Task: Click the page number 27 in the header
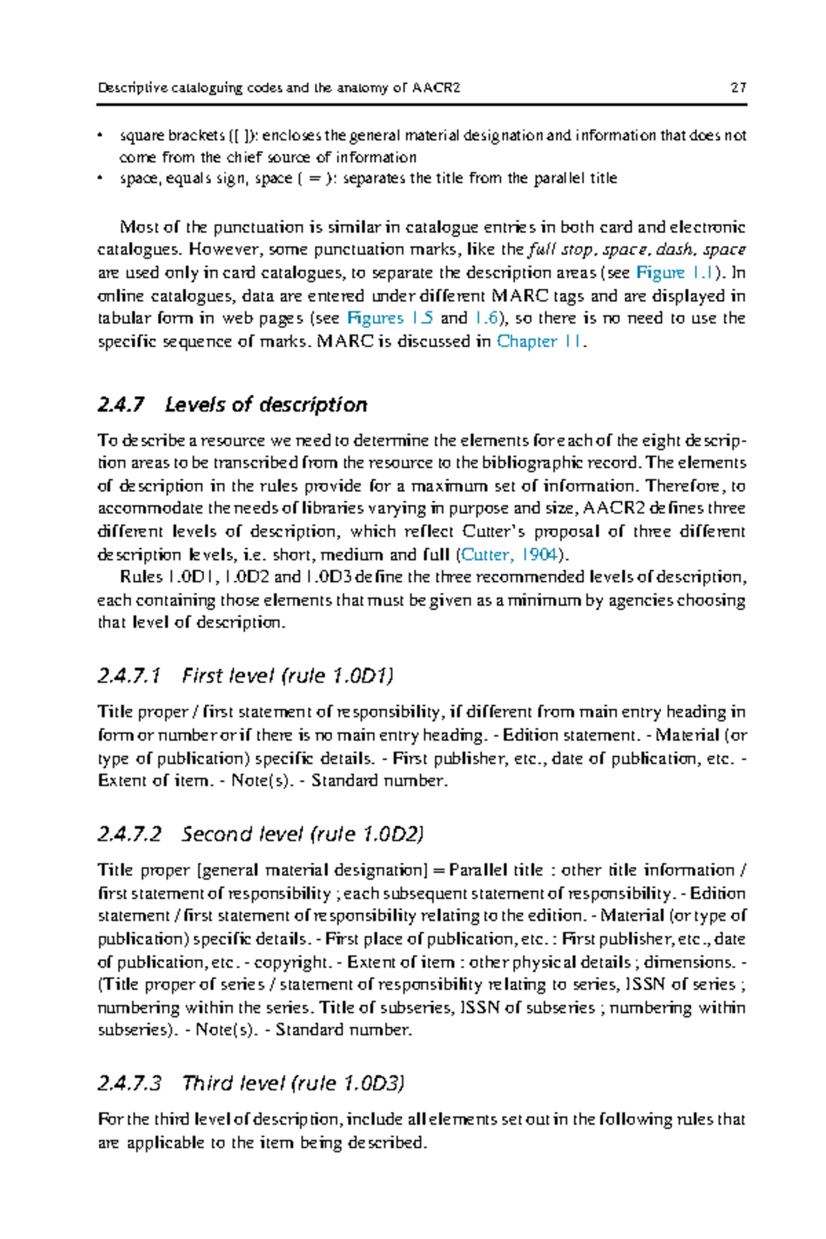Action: coord(739,88)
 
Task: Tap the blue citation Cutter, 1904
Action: coord(509,555)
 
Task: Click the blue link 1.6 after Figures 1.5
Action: coord(486,318)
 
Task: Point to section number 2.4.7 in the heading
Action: coord(121,405)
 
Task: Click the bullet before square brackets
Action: coord(100,135)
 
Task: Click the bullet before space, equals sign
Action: coord(100,178)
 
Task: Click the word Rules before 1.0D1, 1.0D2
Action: coord(140,577)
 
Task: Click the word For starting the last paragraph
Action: coord(110,1119)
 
